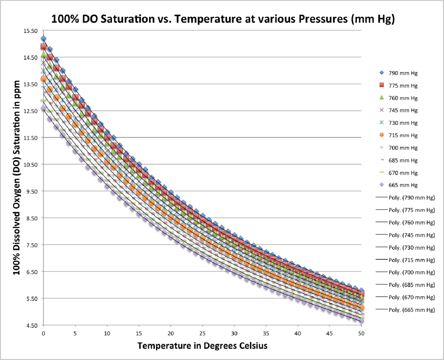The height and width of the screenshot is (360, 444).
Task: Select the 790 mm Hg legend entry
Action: click(399, 72)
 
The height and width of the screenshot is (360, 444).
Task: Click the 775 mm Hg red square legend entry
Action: click(399, 85)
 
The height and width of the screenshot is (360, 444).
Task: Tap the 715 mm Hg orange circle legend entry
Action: click(399, 135)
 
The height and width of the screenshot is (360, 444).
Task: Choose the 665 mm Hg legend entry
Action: click(399, 185)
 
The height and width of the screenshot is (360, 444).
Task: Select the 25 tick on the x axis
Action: click(202, 333)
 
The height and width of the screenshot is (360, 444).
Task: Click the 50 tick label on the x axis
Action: click(361, 333)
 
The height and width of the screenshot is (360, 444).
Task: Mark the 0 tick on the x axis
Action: click(43, 333)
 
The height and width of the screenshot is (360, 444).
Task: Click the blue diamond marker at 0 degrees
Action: click(43, 39)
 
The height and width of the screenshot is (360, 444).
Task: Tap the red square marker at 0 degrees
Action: click(43, 46)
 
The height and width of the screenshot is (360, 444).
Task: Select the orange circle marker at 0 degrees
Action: click(43, 79)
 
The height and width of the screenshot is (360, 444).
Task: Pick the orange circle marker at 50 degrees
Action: click(361, 308)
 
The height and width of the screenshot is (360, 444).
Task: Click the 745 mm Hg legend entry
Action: click(399, 110)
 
